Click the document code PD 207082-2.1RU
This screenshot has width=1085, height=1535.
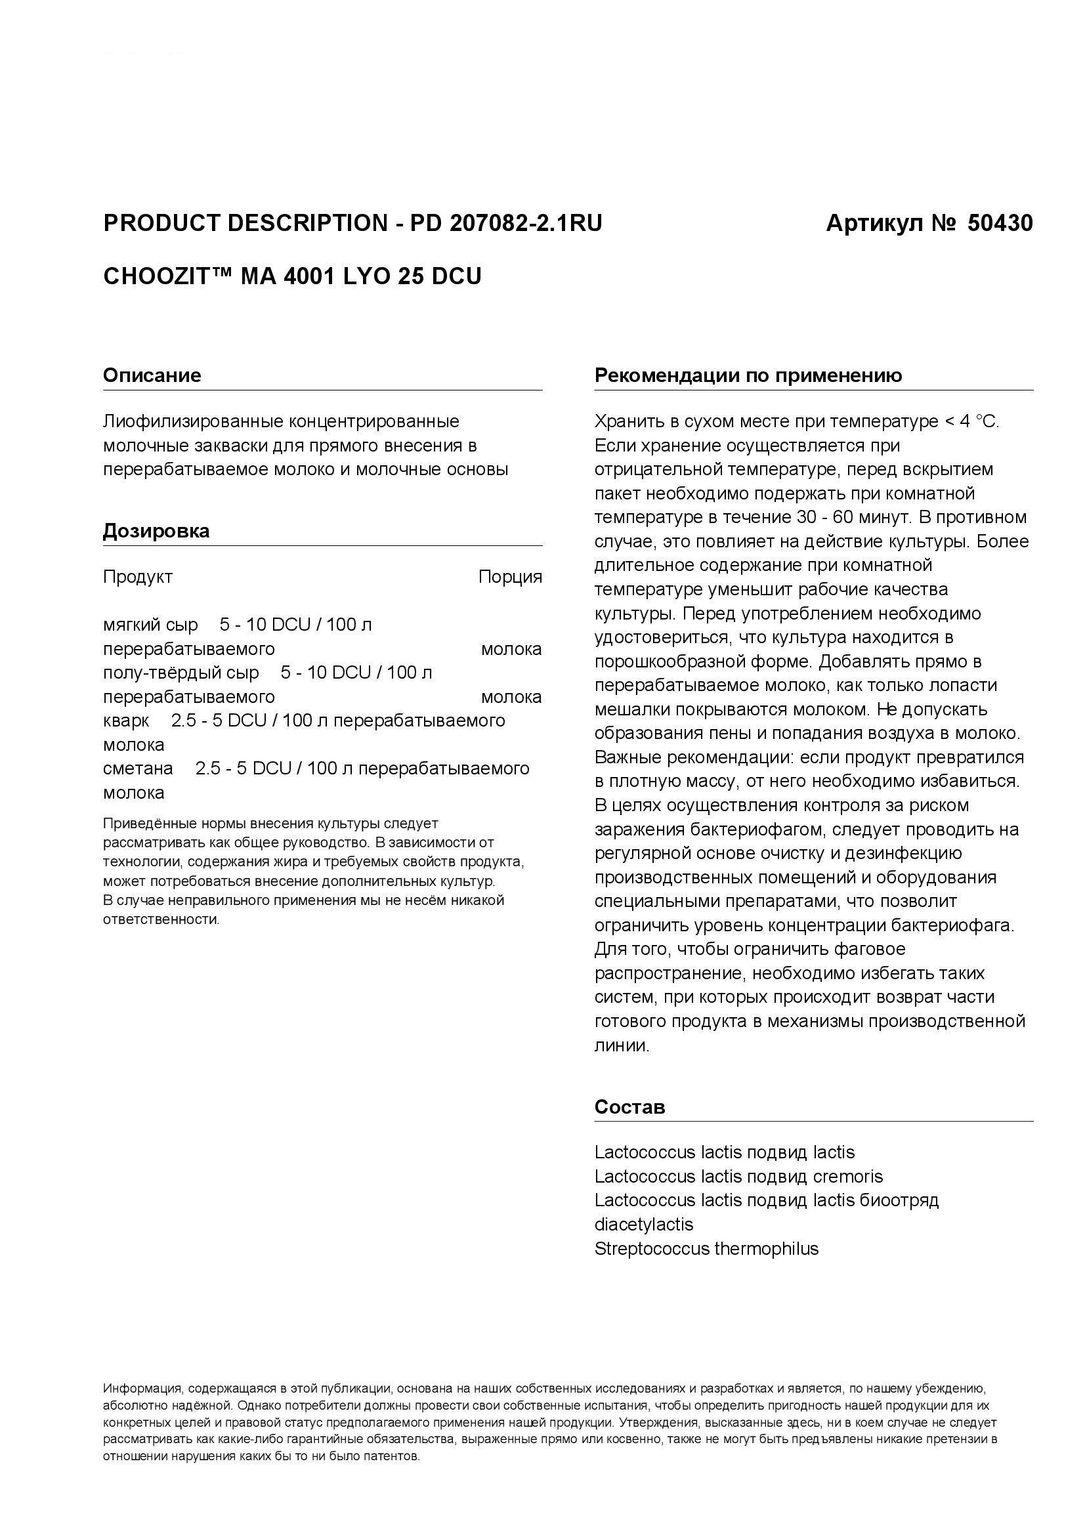(x=506, y=223)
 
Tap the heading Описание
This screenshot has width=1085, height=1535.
(x=152, y=375)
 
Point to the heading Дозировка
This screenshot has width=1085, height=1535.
(x=156, y=531)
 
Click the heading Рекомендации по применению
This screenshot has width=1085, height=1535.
(x=748, y=375)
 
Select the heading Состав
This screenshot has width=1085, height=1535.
(x=629, y=1107)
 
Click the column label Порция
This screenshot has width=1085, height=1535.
(x=510, y=577)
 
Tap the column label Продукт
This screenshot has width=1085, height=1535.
(x=138, y=577)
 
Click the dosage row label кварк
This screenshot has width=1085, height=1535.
(x=125, y=721)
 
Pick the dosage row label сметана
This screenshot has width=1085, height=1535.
(x=138, y=769)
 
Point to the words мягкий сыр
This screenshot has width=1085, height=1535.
(x=150, y=625)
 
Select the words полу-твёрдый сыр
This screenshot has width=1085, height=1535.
(x=181, y=673)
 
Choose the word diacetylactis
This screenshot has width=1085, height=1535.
(x=644, y=1225)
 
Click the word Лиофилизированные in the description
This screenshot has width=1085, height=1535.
(x=192, y=422)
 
